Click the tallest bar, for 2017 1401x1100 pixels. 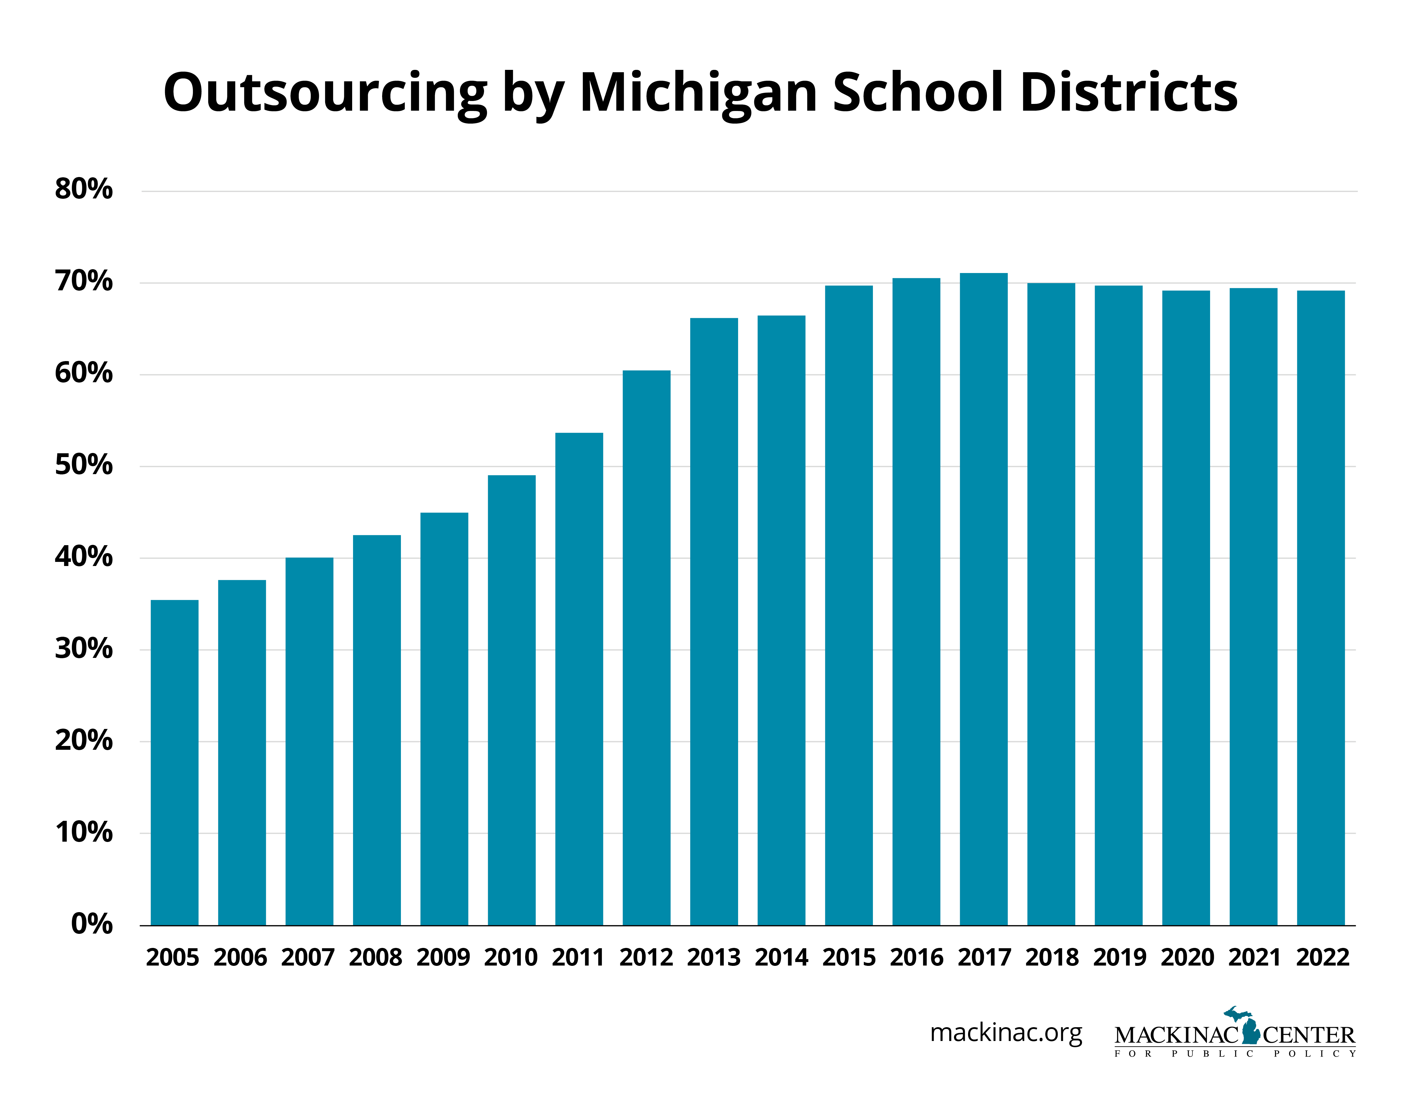pyautogui.click(x=983, y=599)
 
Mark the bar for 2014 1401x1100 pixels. pyautogui.click(x=781, y=620)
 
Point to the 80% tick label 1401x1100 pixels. pyautogui.click(x=84, y=189)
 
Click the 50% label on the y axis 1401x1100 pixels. pyautogui.click(x=84, y=465)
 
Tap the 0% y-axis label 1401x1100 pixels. pyautogui.click(x=92, y=924)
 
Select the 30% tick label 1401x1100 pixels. pyautogui.click(x=84, y=648)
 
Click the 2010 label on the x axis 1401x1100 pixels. pyautogui.click(x=510, y=958)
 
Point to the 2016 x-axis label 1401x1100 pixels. pyautogui.click(x=916, y=958)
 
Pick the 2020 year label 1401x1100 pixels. pyautogui.click(x=1187, y=958)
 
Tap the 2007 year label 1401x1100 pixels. pyautogui.click(x=308, y=958)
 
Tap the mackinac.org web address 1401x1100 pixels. pyautogui.click(x=1006, y=1033)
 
